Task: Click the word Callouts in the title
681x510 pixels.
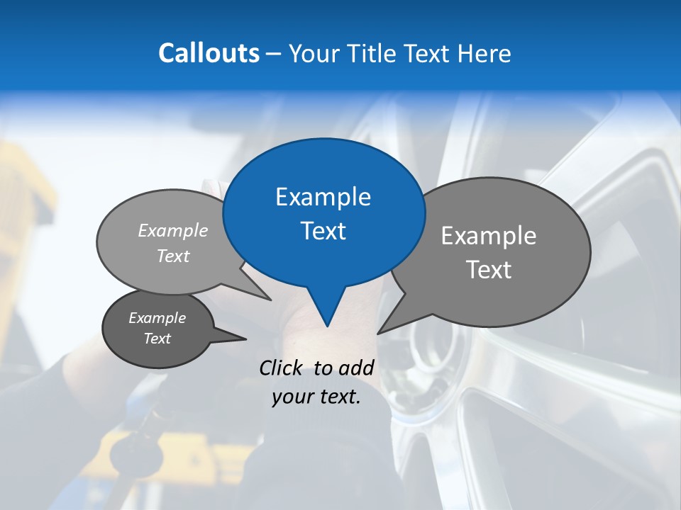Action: tap(209, 53)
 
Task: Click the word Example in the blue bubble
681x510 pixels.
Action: tap(323, 197)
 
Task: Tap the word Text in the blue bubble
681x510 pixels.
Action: tap(323, 231)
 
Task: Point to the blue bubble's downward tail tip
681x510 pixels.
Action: tap(327, 326)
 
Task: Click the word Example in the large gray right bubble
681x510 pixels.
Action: tap(489, 235)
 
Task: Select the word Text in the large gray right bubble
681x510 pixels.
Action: tap(489, 269)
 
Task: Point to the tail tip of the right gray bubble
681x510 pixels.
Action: tap(378, 333)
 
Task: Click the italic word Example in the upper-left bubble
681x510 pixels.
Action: tap(173, 230)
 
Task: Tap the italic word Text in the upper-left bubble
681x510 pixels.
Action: tap(173, 256)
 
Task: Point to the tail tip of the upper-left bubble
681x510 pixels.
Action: tap(270, 300)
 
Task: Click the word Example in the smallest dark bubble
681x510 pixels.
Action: tap(157, 318)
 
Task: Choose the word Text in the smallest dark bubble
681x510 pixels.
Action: tap(157, 339)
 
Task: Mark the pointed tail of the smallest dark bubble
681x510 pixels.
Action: tap(245, 339)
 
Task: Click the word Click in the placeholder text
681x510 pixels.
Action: tap(282, 367)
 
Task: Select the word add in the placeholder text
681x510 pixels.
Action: tap(356, 367)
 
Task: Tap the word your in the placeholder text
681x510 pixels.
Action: tap(293, 397)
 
